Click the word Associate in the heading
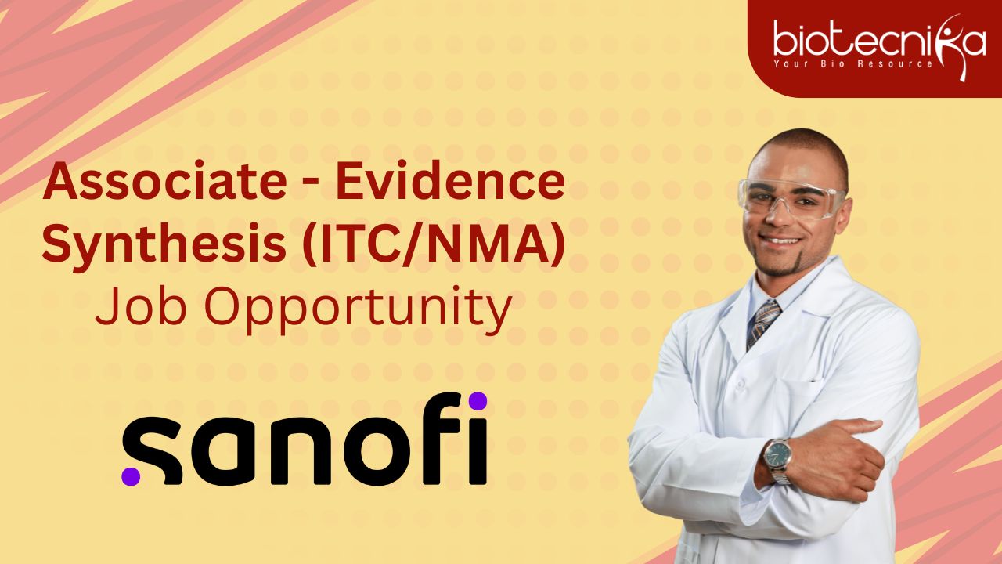pos(165,181)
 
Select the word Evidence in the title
pos(450,180)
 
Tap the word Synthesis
pos(164,245)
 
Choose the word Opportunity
pos(358,309)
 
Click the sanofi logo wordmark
pos(305,439)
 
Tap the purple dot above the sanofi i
pos(478,400)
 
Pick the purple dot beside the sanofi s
pos(131,475)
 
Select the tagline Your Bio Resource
pos(853,63)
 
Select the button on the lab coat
pos(740,385)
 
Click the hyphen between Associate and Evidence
pos(312,184)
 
